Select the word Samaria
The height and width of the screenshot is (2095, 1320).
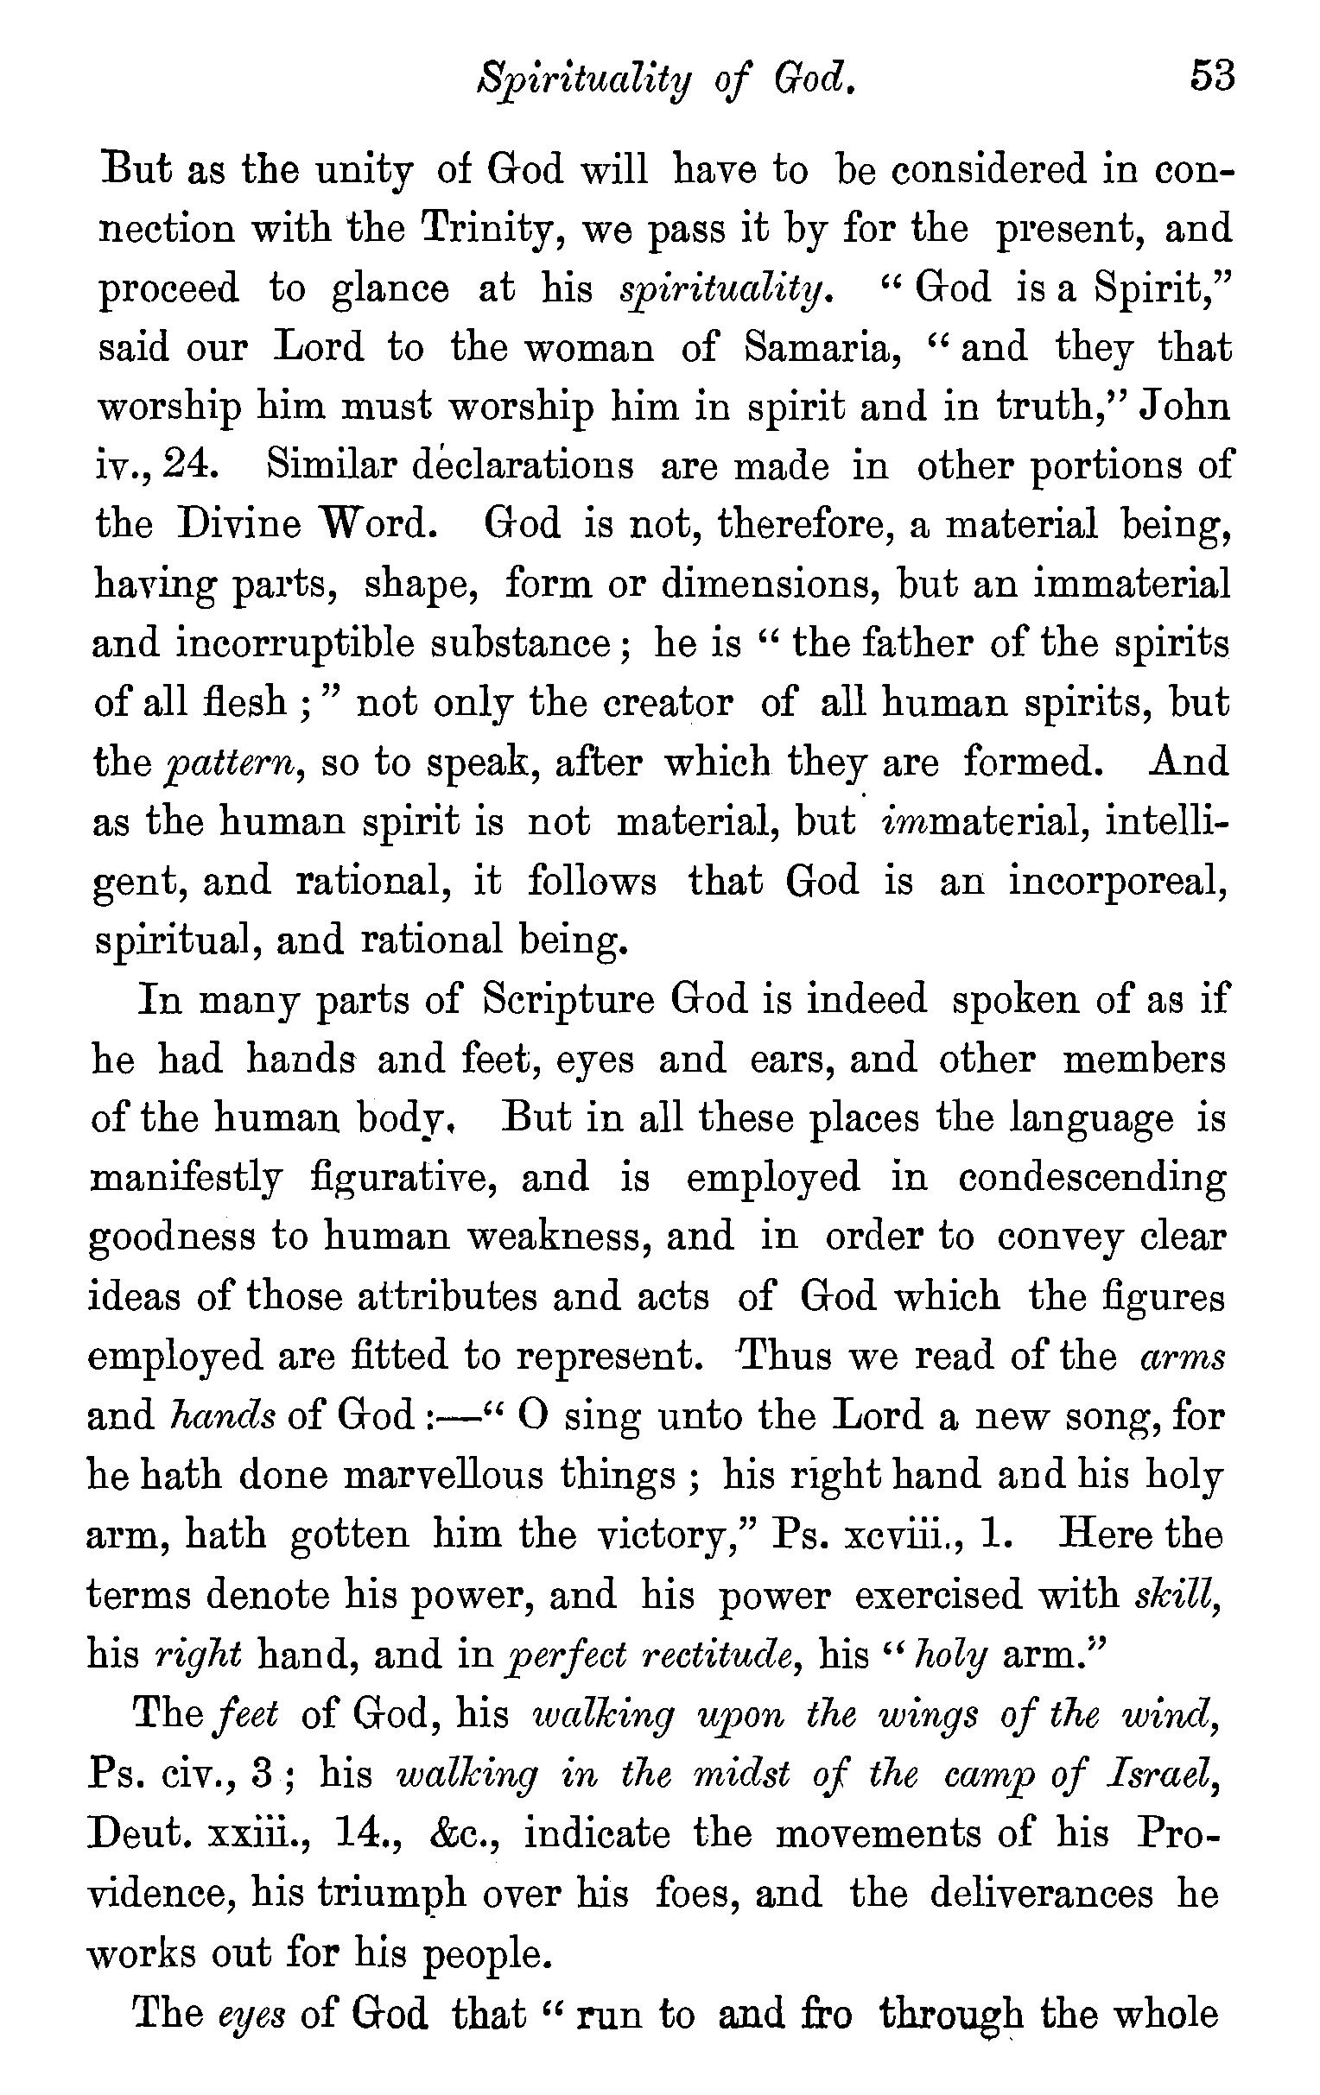(x=817, y=347)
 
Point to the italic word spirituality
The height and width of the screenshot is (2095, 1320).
(x=727, y=289)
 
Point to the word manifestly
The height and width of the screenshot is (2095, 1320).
(x=187, y=1178)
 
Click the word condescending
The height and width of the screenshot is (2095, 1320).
(x=1092, y=1178)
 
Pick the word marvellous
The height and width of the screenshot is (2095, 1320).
(x=445, y=1476)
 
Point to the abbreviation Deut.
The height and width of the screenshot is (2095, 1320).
(x=140, y=1833)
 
